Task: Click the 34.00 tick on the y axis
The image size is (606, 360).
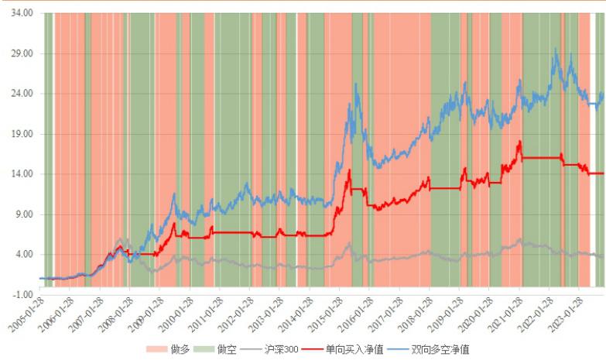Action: (22, 13)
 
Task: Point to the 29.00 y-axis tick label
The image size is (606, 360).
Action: (22, 53)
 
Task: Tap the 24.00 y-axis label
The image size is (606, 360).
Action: (22, 94)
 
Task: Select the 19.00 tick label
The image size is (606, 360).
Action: (22, 134)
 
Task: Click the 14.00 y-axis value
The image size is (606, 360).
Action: (22, 174)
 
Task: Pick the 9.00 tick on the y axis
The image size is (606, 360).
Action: (23, 214)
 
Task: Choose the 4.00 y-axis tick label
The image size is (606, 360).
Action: (23, 255)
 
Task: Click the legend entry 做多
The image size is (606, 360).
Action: (181, 350)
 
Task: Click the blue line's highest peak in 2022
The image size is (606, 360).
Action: (555, 50)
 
